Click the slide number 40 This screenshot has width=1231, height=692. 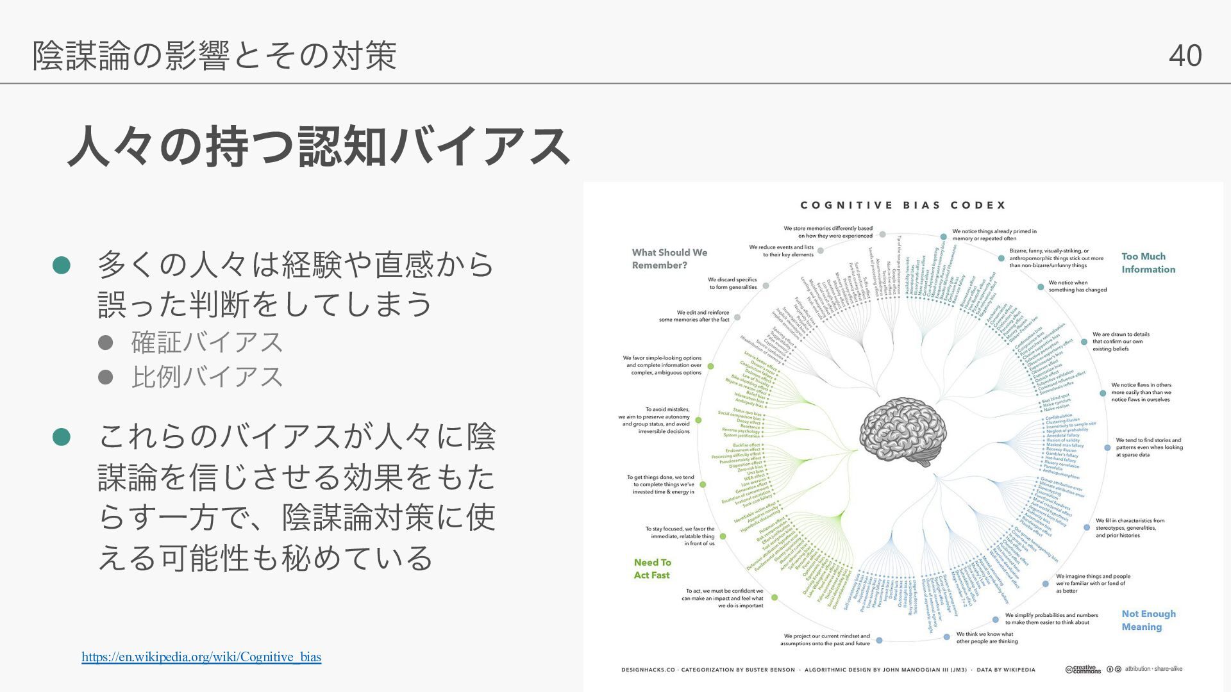(1185, 55)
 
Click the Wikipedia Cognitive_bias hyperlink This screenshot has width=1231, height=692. (201, 657)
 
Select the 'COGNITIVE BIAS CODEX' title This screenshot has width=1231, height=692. (903, 205)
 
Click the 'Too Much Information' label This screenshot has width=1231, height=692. (1148, 263)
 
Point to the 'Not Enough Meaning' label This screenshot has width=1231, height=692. (1148, 620)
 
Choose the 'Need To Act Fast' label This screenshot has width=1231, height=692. (652, 568)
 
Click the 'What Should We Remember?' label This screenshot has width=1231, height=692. (669, 259)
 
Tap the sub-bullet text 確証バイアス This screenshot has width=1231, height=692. (206, 342)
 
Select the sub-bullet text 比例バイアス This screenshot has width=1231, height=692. (206, 377)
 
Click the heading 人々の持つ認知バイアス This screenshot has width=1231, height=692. (319, 147)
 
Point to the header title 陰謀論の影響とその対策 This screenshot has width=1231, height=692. (215, 55)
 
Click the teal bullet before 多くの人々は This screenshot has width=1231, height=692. (61, 265)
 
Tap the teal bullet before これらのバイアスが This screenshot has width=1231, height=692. (61, 437)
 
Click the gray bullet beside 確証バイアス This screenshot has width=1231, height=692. (105, 343)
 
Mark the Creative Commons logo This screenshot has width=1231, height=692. (1083, 670)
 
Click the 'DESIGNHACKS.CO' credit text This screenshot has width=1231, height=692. (648, 670)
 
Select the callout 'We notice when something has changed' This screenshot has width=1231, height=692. (1077, 286)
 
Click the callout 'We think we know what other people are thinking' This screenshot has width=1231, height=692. (986, 638)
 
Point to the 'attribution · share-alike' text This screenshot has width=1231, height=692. (1153, 669)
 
